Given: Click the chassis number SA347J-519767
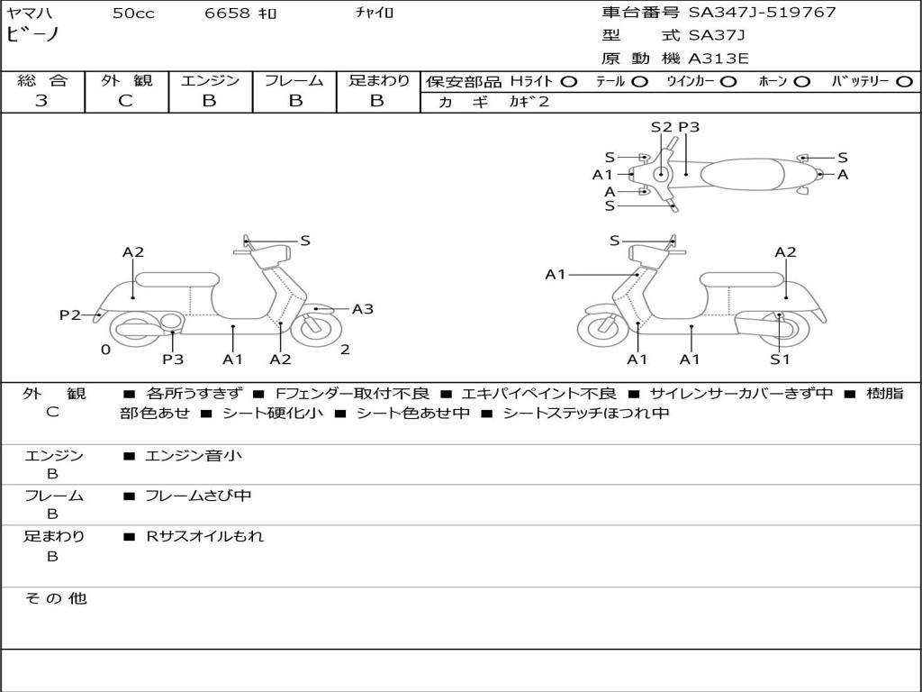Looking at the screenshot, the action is click(x=762, y=12).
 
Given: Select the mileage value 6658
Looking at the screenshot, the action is click(x=227, y=13).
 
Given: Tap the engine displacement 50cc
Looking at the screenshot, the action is click(x=133, y=13).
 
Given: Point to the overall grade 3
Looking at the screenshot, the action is click(x=41, y=100).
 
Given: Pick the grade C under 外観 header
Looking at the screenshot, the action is click(x=125, y=101).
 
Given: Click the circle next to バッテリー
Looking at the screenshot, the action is click(x=904, y=82).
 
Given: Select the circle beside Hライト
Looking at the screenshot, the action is click(x=568, y=82).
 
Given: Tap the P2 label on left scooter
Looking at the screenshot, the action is click(x=70, y=314).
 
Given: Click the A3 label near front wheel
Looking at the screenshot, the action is click(x=362, y=309).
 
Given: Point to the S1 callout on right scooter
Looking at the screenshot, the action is click(x=780, y=359).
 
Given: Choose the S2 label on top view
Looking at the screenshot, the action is click(x=661, y=127).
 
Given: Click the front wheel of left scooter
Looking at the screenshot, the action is click(x=316, y=329).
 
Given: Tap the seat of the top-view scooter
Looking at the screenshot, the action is click(x=742, y=174).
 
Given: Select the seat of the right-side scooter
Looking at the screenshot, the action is click(x=743, y=280).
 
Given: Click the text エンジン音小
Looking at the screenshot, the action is click(x=193, y=455).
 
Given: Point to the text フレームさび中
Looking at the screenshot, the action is click(x=198, y=496).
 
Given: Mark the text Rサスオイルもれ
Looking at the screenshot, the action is click(x=204, y=536).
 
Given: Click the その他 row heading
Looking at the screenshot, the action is click(x=55, y=598).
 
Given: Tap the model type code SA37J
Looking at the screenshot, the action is click(x=716, y=35).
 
